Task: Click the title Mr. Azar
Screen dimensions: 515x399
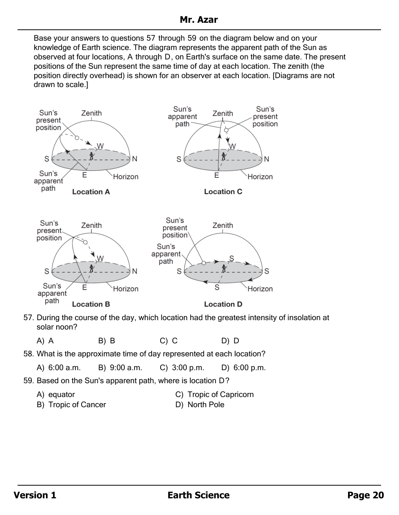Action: point(198,20)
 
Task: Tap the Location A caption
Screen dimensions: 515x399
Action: point(91,192)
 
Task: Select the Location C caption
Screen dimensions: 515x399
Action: point(223,192)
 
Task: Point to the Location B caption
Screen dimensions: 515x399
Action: point(91,304)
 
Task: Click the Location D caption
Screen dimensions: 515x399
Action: point(223,304)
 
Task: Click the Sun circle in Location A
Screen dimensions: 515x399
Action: point(77,138)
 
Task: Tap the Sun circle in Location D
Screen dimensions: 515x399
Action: point(204,263)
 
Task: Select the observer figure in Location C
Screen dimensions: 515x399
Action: point(223,156)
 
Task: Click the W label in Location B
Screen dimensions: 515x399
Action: point(100,258)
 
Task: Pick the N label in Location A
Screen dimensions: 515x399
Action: point(134,159)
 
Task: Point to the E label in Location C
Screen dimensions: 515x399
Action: point(217,175)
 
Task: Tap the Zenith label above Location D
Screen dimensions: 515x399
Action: point(223,225)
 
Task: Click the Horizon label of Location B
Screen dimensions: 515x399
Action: point(126,289)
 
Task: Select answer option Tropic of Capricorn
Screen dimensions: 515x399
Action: point(220,395)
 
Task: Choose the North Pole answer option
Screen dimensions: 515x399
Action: point(206,405)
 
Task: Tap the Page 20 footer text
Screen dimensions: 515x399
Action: point(365,495)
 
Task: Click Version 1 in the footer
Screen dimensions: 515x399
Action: point(35,495)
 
